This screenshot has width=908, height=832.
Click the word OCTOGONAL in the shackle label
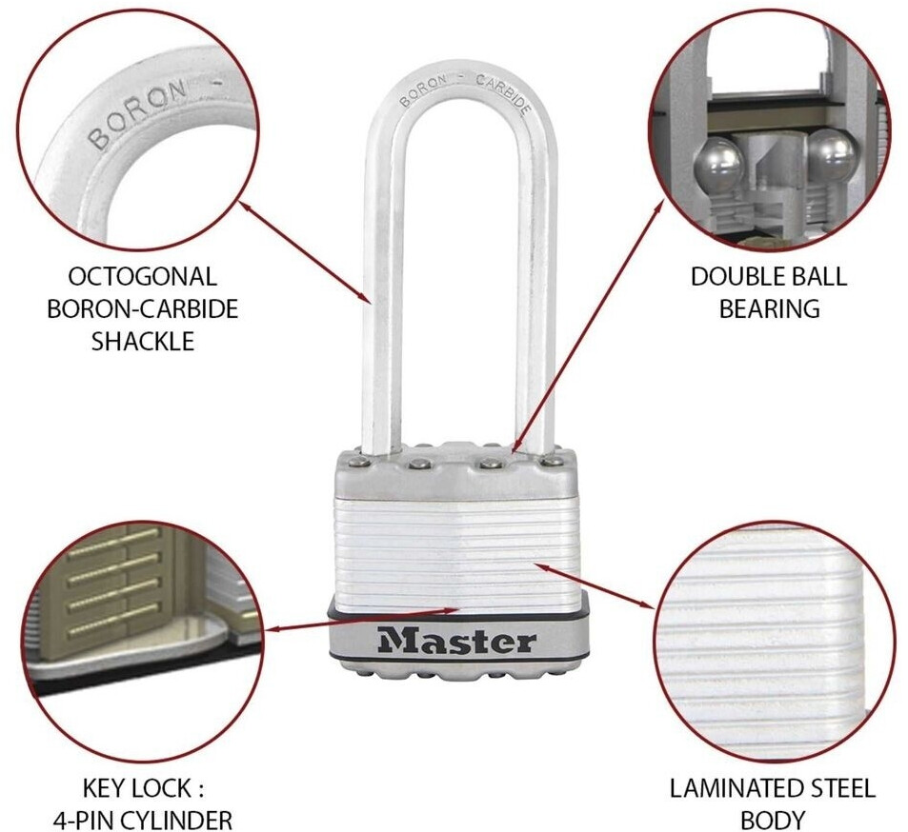[x=143, y=277]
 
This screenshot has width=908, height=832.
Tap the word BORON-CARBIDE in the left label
[x=143, y=309]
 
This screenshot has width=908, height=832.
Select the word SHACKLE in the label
[x=143, y=341]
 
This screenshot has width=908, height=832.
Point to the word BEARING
[x=770, y=308]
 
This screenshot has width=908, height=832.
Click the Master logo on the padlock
[x=456, y=641]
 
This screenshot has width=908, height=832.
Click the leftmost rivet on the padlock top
[x=354, y=463]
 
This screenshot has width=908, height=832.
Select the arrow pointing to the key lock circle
[x=362, y=618]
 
